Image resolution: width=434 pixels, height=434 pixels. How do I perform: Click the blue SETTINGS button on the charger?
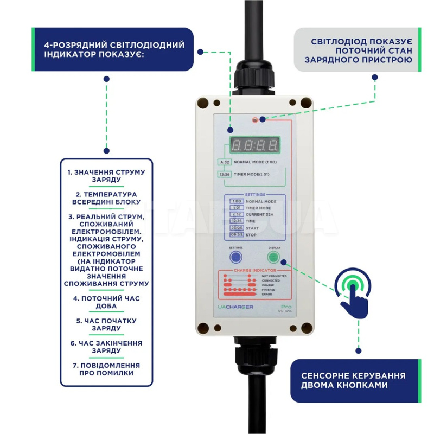click(x=236, y=257)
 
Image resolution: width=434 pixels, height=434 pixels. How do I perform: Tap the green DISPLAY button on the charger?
click(x=275, y=257)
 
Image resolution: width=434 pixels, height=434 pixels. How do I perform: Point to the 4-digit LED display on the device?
click(x=255, y=145)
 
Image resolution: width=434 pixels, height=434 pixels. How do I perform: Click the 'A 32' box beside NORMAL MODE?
click(x=224, y=162)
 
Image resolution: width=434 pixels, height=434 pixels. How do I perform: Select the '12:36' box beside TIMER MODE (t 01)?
click(x=224, y=174)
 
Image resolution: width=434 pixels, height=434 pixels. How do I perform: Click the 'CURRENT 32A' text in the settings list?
click(x=260, y=214)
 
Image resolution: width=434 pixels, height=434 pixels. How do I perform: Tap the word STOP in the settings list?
click(x=251, y=234)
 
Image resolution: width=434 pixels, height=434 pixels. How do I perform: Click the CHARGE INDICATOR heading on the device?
click(x=254, y=270)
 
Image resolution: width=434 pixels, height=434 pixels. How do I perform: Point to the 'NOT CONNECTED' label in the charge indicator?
click(x=274, y=276)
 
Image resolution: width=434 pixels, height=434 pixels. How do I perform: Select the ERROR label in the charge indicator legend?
click(x=267, y=294)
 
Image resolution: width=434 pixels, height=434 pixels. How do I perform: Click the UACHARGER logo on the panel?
click(x=235, y=307)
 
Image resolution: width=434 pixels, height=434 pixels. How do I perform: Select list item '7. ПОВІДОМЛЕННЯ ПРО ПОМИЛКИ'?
click(x=106, y=369)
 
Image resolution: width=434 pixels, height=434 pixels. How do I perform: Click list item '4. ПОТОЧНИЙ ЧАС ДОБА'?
click(x=106, y=302)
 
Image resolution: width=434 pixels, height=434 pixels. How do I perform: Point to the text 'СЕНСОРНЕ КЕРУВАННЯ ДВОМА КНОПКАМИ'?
click(x=353, y=380)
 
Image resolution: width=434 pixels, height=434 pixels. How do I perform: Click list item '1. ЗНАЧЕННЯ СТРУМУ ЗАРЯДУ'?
click(x=106, y=176)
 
